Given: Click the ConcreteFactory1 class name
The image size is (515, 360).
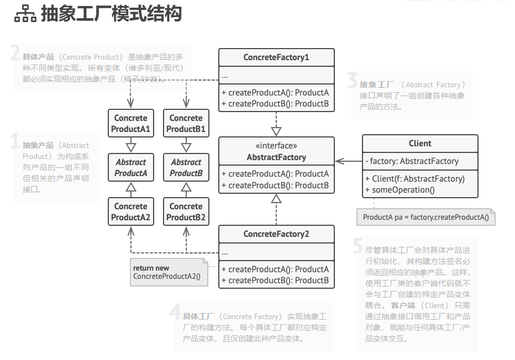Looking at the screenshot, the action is coord(276,57).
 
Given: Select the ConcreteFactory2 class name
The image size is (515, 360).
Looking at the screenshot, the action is coord(276,234).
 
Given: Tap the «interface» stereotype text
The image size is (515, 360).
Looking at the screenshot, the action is coord(276,145).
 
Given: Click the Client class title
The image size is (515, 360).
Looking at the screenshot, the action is coord(420,144).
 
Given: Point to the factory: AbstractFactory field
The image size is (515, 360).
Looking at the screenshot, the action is coord(412,161).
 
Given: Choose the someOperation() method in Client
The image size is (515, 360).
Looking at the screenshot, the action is coord(400,190).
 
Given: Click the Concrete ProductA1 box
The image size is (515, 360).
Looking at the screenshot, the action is coord(131,123).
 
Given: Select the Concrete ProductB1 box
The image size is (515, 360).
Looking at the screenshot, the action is coord(186,123).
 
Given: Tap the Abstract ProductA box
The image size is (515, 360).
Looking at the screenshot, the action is coord(131,167).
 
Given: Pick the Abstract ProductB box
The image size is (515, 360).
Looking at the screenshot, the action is coord(186,167).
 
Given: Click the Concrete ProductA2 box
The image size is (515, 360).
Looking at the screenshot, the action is coord(131,211).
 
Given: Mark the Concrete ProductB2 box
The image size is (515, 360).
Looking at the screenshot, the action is coord(186,211).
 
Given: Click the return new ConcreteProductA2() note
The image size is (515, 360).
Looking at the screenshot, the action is coord(169,272).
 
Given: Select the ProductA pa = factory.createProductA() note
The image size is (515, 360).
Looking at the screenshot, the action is coord(425,217).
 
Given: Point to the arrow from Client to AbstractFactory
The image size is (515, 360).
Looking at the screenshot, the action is coord(349,161).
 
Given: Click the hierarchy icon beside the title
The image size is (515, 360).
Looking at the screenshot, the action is coord(25,14).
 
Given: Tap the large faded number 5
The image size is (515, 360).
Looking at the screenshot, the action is coord(358,246).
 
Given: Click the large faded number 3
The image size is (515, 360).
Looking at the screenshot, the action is coord(352,80).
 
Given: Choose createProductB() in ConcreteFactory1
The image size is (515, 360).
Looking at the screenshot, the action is coord(275,104).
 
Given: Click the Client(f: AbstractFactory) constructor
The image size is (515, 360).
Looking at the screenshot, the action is coord(415,179).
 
